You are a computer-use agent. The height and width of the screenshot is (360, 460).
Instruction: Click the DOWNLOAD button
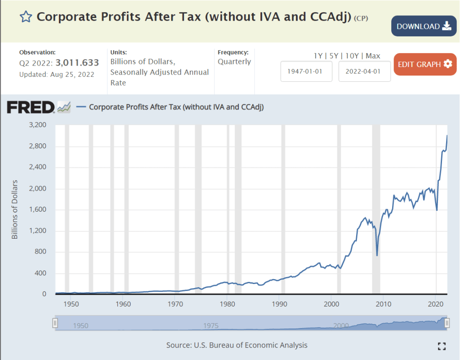(x=424, y=26)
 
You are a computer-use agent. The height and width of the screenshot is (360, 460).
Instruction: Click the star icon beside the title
(x=26, y=17)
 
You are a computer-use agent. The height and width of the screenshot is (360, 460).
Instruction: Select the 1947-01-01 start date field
(x=306, y=71)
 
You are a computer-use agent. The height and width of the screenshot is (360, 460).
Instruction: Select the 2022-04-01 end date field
(x=364, y=71)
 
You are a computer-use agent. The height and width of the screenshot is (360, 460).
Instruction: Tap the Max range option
(x=373, y=56)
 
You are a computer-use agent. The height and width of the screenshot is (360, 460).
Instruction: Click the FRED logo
(x=31, y=107)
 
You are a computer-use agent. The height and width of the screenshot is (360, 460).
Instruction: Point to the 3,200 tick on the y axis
(x=38, y=125)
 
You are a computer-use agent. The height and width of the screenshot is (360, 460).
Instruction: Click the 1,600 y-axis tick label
(x=38, y=209)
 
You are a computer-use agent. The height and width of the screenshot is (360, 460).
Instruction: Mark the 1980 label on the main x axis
(x=228, y=304)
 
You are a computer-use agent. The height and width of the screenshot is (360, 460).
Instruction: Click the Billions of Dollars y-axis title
(x=15, y=209)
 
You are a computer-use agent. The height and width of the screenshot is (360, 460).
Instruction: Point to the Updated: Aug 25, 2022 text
(x=57, y=74)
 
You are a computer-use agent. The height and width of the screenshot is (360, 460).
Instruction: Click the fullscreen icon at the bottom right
(x=442, y=346)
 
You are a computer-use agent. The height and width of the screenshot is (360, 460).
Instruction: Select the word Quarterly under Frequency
(x=234, y=62)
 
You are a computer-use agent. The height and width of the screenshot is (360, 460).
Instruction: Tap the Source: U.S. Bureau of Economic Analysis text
(x=237, y=345)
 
